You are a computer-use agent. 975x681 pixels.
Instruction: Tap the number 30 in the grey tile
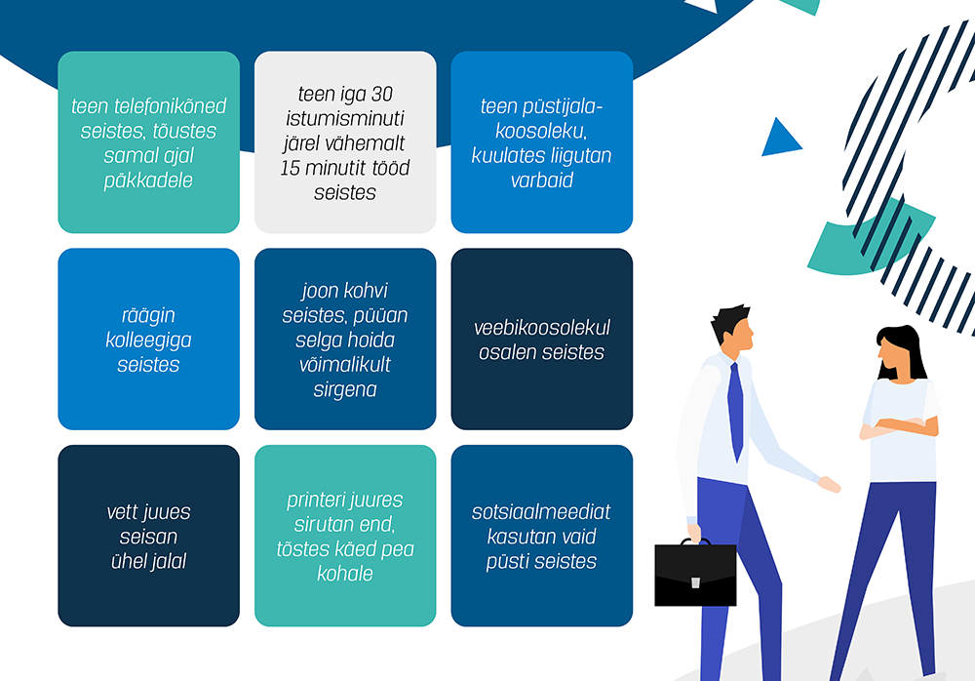382,94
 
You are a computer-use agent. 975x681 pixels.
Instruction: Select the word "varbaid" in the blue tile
541,180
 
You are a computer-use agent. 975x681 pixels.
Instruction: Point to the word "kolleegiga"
148,340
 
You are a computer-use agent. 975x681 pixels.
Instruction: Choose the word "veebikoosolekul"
541,328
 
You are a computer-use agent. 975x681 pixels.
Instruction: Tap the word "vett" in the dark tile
122,511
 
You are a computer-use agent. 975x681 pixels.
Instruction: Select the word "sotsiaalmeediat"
541,511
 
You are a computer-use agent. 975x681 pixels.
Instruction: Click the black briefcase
695,573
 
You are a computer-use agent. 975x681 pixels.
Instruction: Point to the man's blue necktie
735,411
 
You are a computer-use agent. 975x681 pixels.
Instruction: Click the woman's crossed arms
899,427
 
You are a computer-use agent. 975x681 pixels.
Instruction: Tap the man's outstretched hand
830,484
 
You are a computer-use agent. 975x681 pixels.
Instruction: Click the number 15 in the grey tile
291,168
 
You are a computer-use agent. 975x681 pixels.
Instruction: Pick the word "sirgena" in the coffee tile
345,389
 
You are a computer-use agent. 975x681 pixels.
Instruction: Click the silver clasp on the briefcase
695,582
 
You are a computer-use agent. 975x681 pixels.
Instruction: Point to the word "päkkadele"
148,180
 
